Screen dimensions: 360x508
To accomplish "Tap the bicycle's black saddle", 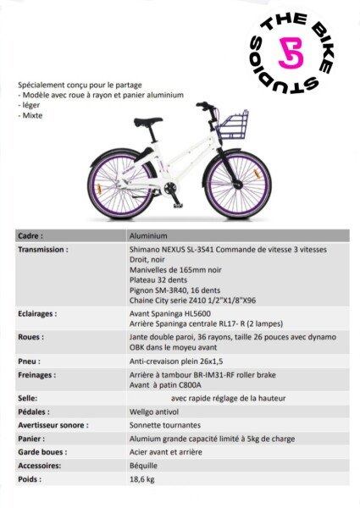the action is click(147, 122).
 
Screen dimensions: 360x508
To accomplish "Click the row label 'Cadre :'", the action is click(30, 236).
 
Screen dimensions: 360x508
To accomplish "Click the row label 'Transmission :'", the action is click(43, 251).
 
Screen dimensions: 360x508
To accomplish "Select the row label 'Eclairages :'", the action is click(38, 313).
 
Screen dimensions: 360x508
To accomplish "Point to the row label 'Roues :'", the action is click(31, 336).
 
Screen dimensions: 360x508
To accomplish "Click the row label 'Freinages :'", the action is click(38, 374).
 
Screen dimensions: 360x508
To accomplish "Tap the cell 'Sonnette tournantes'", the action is click(163, 425).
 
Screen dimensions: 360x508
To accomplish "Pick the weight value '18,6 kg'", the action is click(142, 480).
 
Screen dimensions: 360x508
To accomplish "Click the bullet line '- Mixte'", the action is click(31, 116).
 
